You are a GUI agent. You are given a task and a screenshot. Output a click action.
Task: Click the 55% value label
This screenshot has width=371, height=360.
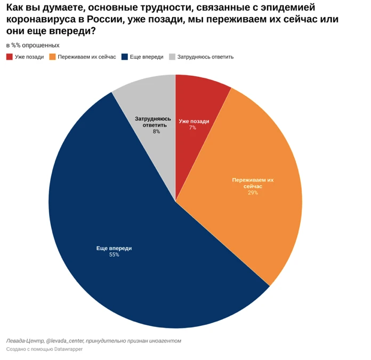(114, 255)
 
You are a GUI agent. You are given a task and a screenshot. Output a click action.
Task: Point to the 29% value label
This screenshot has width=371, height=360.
(253, 193)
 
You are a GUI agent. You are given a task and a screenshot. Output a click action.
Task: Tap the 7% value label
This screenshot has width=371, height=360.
(192, 128)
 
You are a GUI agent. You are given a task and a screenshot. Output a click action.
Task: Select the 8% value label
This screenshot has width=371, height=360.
(156, 131)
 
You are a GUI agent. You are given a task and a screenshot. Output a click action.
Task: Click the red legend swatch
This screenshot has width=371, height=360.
(10, 57)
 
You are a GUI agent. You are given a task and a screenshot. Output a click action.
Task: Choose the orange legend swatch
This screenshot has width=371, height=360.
(52, 57)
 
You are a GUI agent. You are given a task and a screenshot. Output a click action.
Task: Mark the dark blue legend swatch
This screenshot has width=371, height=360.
(125, 57)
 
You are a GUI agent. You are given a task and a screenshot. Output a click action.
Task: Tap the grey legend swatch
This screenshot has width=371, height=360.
(172, 57)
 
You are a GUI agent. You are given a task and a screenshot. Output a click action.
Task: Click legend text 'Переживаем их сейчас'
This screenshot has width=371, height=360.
(87, 57)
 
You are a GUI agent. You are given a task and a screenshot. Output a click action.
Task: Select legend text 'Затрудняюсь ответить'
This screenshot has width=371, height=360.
(205, 57)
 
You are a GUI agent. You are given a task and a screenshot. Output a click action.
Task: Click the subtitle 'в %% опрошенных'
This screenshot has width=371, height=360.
(33, 45)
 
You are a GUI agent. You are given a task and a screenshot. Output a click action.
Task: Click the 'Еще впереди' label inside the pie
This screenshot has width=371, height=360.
(114, 249)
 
